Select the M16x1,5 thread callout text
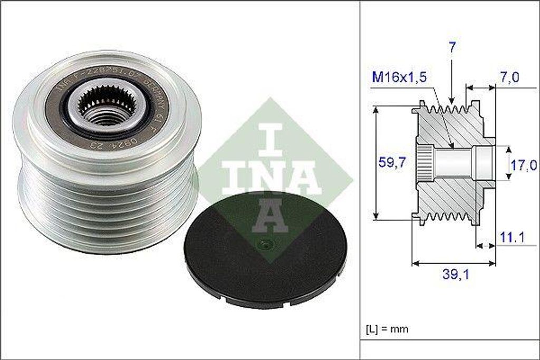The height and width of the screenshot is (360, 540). coord(398,77)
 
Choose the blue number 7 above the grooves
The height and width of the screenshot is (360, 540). coord(452,47)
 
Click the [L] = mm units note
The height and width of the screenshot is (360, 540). coord(387,329)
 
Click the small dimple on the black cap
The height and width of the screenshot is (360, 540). coord(264,244)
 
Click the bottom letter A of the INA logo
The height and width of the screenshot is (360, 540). coord(269,216)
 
